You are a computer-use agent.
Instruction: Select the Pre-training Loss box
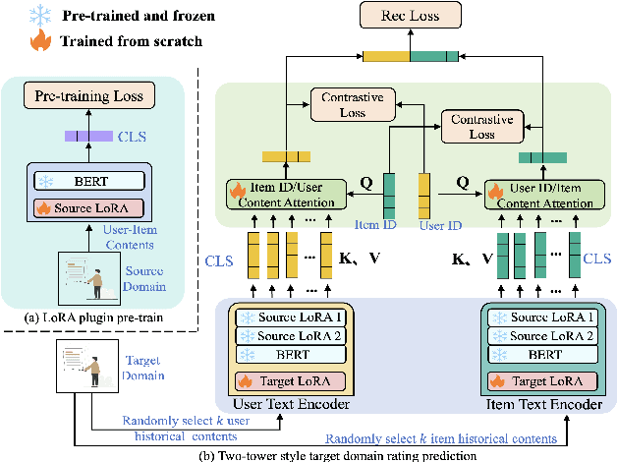[88, 95]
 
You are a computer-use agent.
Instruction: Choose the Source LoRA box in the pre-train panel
[88, 207]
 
